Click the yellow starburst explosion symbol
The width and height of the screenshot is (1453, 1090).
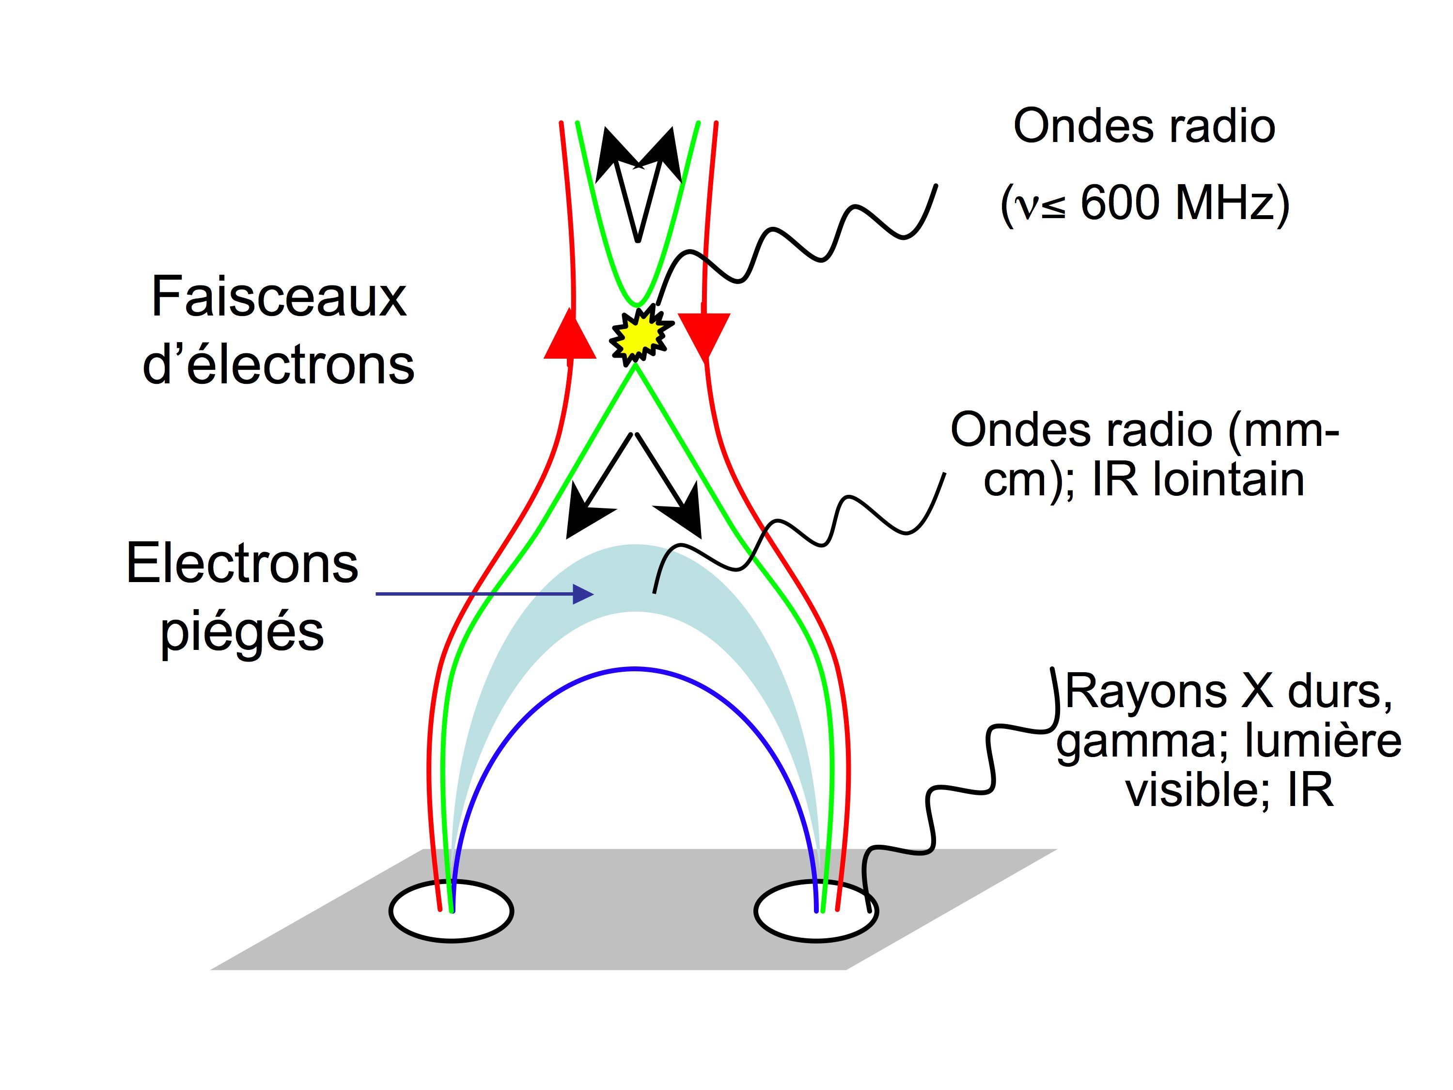(639, 336)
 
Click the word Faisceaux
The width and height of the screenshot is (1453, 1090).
(279, 298)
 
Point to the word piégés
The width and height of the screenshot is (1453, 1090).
(242, 632)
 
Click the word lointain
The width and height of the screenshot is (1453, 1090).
(1228, 480)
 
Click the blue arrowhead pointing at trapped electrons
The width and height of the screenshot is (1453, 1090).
(583, 594)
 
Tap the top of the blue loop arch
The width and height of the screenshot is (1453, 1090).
(635, 669)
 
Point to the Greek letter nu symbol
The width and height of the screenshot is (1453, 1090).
(1025, 205)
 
